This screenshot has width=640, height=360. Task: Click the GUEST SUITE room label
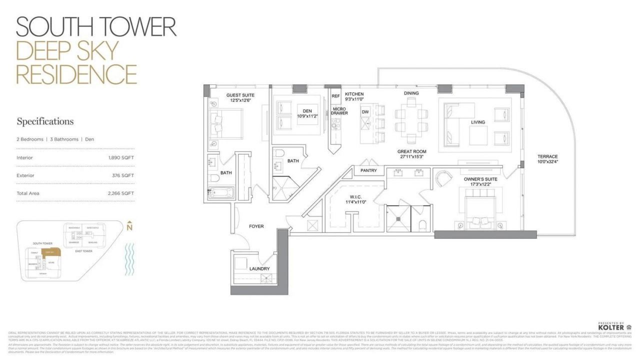240,95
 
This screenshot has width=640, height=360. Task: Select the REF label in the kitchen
335,95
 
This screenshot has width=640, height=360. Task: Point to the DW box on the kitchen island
365,112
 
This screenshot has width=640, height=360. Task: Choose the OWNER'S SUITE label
480,179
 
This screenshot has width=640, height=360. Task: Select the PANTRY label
369,171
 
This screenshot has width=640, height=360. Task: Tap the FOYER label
256,226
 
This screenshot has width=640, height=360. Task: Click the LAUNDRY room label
259,269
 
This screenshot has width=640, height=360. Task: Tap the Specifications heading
45,121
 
